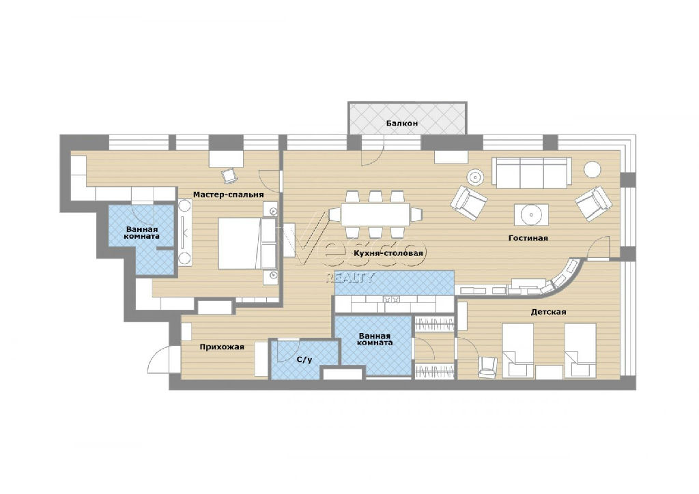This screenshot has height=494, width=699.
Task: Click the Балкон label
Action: pos(402,123)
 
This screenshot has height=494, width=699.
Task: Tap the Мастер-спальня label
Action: pos(228,194)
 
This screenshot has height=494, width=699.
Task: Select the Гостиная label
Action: pos(528,238)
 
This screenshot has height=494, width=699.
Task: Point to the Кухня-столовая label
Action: pos(388,253)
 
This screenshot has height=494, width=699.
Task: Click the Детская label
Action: pos(548,312)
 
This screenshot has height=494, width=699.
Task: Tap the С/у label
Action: pos(304,360)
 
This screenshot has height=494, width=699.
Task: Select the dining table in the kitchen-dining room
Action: pos(375,215)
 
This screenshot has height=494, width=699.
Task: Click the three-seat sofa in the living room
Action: pos(531,173)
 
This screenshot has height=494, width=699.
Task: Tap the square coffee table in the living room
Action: pos(531,215)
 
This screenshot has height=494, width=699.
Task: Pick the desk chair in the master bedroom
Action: pos(229,175)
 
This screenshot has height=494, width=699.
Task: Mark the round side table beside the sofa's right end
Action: pos(593,169)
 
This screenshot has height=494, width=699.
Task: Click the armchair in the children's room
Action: pos(487,367)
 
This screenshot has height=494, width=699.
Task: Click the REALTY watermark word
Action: pos(351,278)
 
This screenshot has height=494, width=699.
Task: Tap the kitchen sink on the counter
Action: pos(390,300)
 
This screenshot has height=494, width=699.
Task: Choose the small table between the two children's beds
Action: pos(549,372)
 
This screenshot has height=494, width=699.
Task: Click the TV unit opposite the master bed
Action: pos(185,233)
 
